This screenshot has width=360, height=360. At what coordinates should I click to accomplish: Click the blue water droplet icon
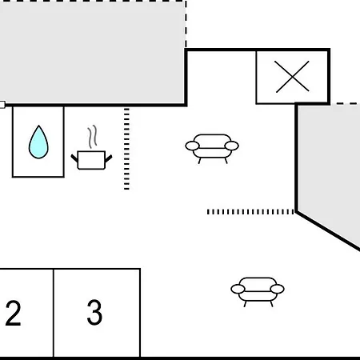38,142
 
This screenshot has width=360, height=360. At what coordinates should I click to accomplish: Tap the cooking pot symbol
91,160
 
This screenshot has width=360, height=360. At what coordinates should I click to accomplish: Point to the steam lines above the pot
92,137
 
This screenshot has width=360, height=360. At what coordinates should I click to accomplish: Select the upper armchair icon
212,148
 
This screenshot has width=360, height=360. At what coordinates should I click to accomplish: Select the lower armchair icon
258,291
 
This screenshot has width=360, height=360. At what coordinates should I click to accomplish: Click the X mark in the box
292,77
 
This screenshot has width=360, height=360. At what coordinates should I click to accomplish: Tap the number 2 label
13,313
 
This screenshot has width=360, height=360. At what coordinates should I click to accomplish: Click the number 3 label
94,312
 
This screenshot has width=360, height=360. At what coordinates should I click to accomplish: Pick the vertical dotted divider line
126,149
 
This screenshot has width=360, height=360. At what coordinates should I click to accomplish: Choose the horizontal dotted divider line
250,212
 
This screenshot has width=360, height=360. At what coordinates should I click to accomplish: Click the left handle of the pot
74,158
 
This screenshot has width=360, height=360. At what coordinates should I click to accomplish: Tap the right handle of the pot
109,158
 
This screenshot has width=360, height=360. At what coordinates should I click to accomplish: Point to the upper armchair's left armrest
192,146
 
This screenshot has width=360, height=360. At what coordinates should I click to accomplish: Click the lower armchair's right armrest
277,289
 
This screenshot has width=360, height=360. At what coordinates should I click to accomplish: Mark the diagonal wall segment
329,231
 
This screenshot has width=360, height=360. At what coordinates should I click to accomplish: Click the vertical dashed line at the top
186,24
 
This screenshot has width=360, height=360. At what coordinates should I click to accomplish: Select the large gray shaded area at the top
92,53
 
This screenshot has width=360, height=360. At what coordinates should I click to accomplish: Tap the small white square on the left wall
2,105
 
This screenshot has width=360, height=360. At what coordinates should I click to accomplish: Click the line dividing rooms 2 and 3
54,313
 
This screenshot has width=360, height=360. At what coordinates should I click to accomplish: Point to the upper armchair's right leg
226,161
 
